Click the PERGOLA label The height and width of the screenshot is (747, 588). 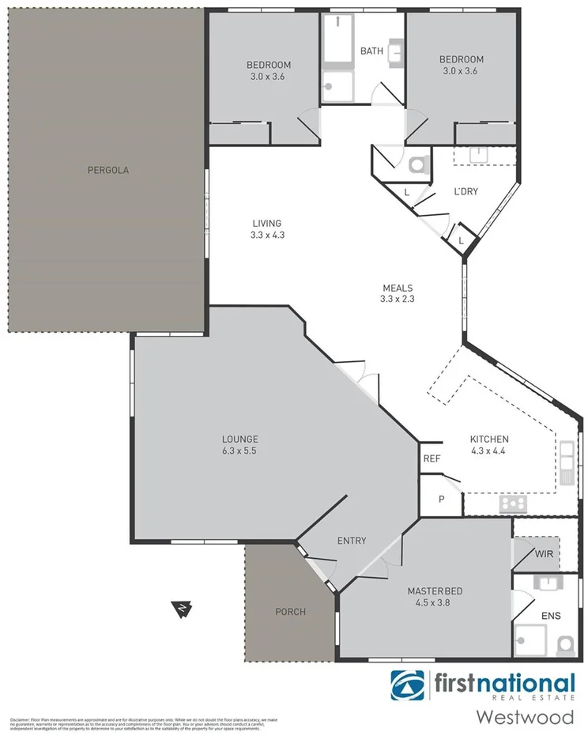coord(108,170)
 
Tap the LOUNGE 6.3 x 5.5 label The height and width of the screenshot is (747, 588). coord(240,444)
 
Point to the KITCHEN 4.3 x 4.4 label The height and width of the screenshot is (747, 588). coord(489,445)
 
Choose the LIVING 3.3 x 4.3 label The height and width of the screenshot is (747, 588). coord(266,228)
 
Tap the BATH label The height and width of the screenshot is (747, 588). coord(371,51)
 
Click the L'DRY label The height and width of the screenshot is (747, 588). coord(465,191)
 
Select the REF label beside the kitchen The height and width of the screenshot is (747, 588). coord(431,458)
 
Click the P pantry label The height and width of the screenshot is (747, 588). coord(442,500)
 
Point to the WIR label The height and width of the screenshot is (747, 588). coord(544,554)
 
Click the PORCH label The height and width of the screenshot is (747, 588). coord(290,611)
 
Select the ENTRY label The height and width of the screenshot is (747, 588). coord(352,541)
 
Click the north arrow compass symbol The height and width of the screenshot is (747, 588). coord(183,609)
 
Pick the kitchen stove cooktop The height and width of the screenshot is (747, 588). coord(513,503)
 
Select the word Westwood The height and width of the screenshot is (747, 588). coord(524,718)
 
